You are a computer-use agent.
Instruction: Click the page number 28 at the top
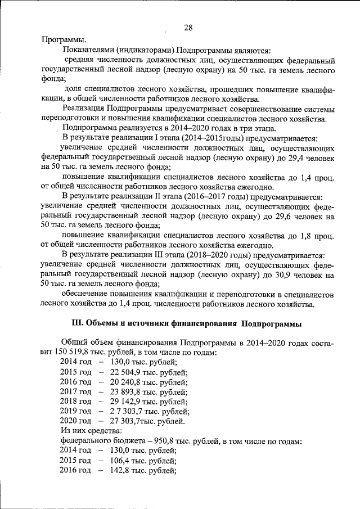188,28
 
